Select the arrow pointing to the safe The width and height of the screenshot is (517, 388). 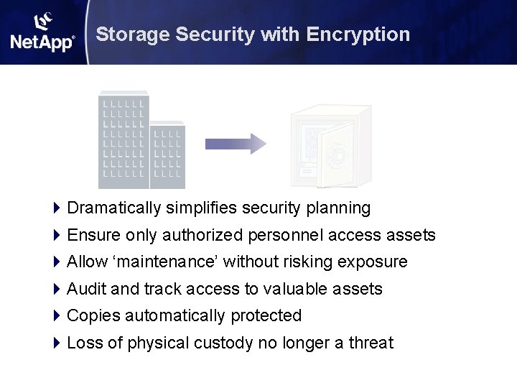click(236, 144)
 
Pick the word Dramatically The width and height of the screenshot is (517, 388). click(114, 208)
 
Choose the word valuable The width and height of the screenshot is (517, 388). click(296, 289)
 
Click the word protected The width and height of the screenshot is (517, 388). click(266, 316)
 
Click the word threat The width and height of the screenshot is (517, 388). click(371, 343)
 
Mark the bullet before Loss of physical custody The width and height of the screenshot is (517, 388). click(57, 343)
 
